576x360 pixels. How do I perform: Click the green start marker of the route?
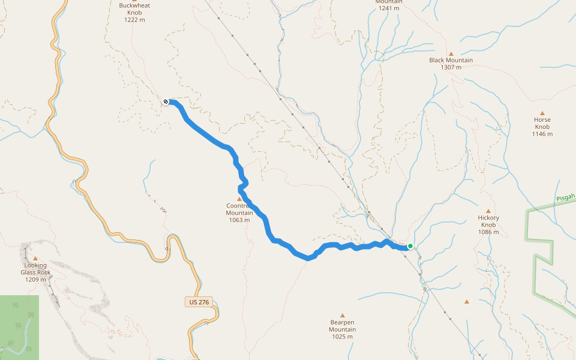pyautogui.click(x=410, y=246)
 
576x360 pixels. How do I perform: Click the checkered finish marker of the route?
pyautogui.click(x=166, y=102)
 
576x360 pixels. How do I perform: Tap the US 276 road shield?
pyautogui.click(x=199, y=302)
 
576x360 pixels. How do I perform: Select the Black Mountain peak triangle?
pyautogui.click(x=451, y=53)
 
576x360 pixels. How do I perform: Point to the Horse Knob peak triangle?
pyautogui.click(x=542, y=113)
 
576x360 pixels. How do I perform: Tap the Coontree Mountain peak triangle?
pyautogui.click(x=239, y=199)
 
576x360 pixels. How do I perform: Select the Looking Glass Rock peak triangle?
pyautogui.click(x=35, y=259)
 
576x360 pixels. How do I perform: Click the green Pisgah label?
pyautogui.click(x=565, y=197)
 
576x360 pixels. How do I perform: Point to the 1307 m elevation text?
pyautogui.click(x=451, y=67)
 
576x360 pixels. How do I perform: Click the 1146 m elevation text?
pyautogui.click(x=542, y=134)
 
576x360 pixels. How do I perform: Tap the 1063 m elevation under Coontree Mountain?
pyautogui.click(x=239, y=220)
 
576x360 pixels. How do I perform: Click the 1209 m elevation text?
pyautogui.click(x=35, y=279)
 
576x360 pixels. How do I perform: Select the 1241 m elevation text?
pyautogui.click(x=388, y=9)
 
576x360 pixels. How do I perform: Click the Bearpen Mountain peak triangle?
pyautogui.click(x=343, y=315)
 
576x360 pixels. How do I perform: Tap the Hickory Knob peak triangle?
pyautogui.click(x=488, y=211)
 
